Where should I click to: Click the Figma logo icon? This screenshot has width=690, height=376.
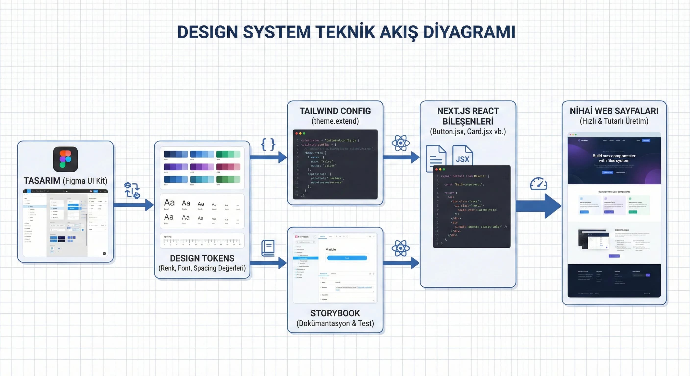65,159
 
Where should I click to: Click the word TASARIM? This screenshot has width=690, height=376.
42,181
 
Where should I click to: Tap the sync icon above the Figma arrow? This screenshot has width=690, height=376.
132,190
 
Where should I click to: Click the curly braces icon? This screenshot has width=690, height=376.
268,144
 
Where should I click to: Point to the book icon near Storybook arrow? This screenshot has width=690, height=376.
268,248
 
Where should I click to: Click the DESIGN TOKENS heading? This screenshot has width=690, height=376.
202,258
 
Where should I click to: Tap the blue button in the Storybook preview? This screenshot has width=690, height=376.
347,258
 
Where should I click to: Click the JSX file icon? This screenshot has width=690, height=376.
463,155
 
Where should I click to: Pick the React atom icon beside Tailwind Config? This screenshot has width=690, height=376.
400,143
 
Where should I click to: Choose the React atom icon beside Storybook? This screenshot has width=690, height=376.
400,248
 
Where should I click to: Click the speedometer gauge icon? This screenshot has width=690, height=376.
538,184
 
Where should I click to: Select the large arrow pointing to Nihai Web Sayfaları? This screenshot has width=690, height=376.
538,206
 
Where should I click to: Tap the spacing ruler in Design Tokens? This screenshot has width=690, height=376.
202,241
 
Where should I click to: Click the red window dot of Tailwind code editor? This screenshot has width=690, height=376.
296,133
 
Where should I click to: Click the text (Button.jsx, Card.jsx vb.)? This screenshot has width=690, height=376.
468,132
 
